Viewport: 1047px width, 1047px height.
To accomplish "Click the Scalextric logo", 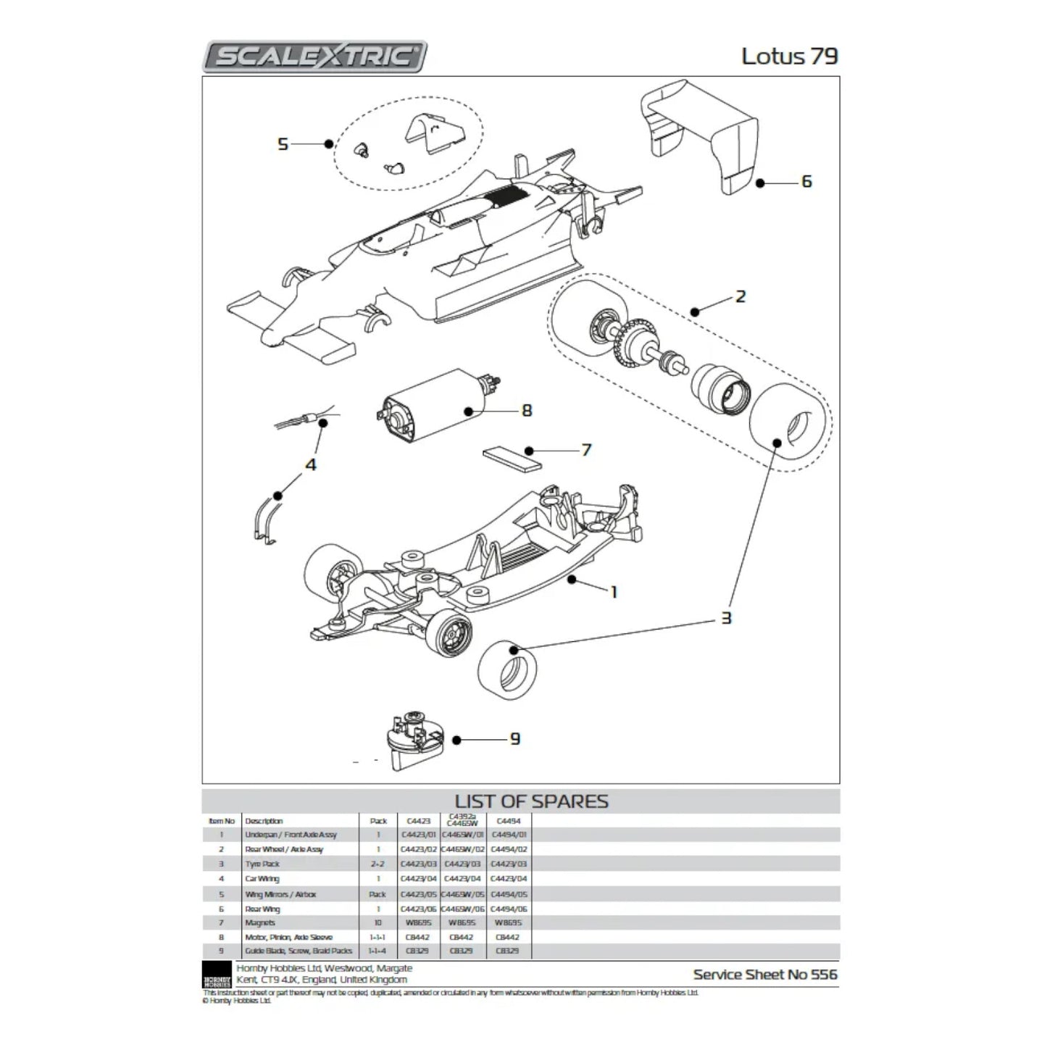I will coord(315,56).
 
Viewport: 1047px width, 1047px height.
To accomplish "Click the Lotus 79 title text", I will coord(789,56).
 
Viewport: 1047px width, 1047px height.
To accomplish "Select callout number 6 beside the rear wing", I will coord(806,181).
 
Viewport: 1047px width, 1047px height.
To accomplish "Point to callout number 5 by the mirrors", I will coord(283,144).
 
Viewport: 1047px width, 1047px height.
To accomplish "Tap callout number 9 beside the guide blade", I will coord(514,739).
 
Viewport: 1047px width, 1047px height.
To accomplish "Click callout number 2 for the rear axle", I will coord(740,296).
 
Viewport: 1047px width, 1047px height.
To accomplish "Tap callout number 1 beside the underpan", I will coord(614,592).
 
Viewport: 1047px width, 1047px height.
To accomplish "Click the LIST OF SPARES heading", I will coord(531,801).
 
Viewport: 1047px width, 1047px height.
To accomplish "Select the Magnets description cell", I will coord(260,923).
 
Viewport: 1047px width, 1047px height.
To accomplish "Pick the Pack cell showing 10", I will coord(377,923).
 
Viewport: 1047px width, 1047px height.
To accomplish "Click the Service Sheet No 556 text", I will coord(764,975).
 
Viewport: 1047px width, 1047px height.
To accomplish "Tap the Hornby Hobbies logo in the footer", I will coord(217,975).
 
